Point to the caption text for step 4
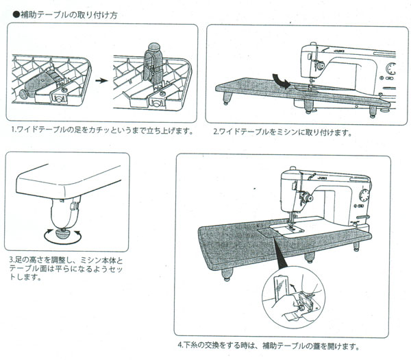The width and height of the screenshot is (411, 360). pyautogui.click(x=267, y=345)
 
